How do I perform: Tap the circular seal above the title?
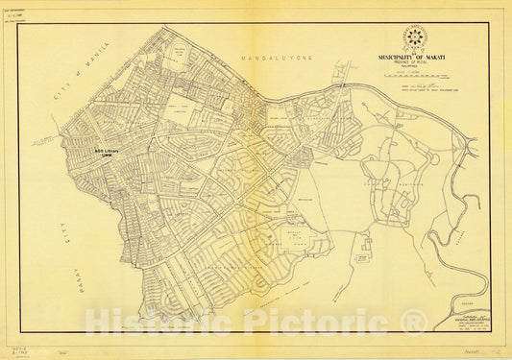pyautogui.click(x=416, y=38)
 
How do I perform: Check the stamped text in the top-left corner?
pyautogui.click(x=23, y=16)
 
